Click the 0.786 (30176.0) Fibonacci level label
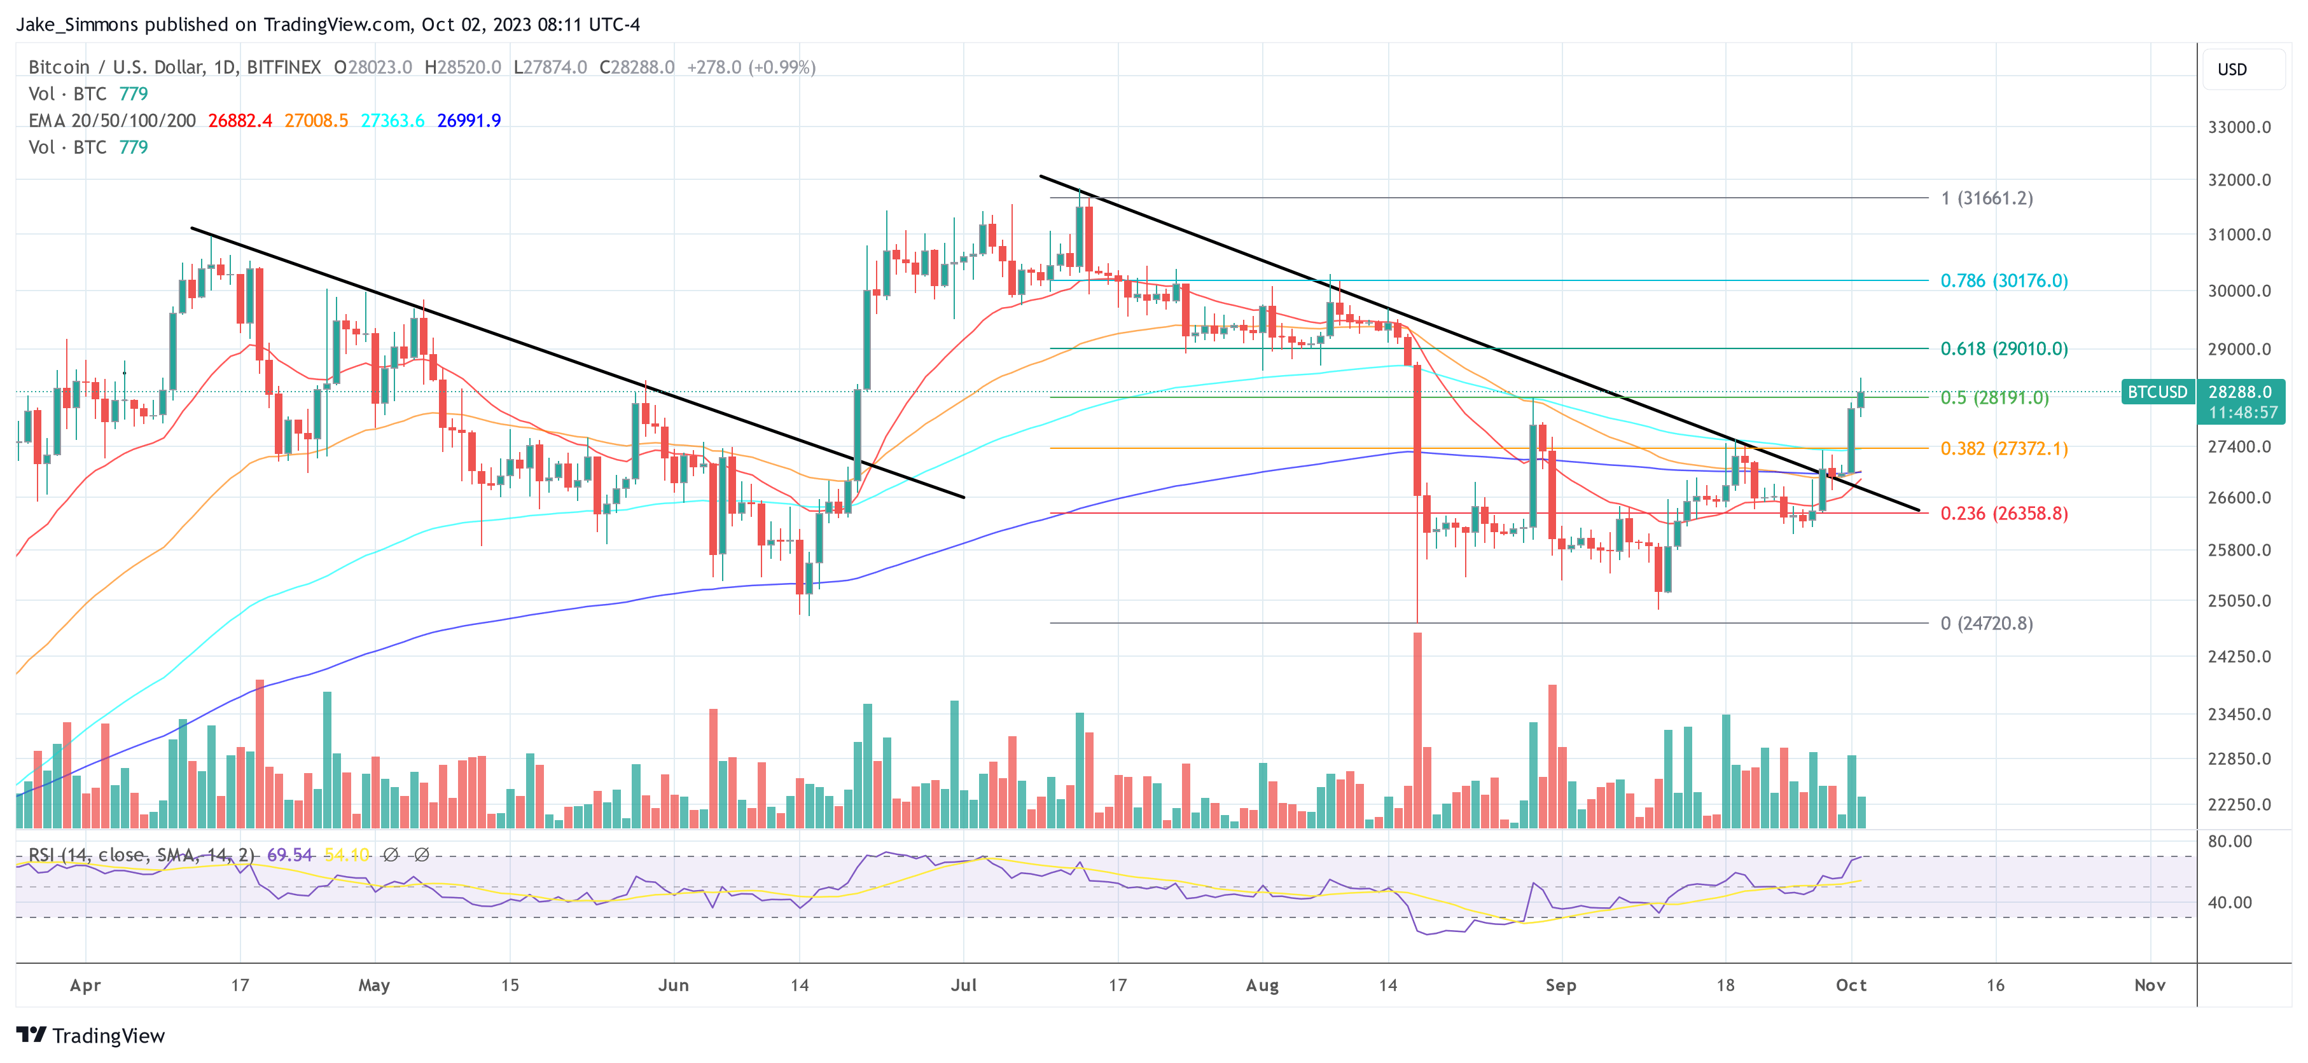pos(2003,280)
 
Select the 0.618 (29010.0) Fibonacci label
pos(2003,348)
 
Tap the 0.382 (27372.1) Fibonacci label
pos(2003,448)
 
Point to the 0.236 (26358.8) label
pos(2003,513)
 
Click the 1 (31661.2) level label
pos(1986,198)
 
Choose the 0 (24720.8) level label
pos(1986,623)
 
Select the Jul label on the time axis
pos(963,985)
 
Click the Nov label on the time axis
pos(2150,985)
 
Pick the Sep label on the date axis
pos(1560,985)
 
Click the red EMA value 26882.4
pos(240,120)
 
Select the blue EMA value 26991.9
pos(469,120)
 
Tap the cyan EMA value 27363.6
pos(393,120)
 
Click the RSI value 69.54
pos(289,855)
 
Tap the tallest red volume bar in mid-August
pos(1417,729)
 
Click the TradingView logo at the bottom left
pos(90,1035)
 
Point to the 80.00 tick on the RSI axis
pos(2229,841)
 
